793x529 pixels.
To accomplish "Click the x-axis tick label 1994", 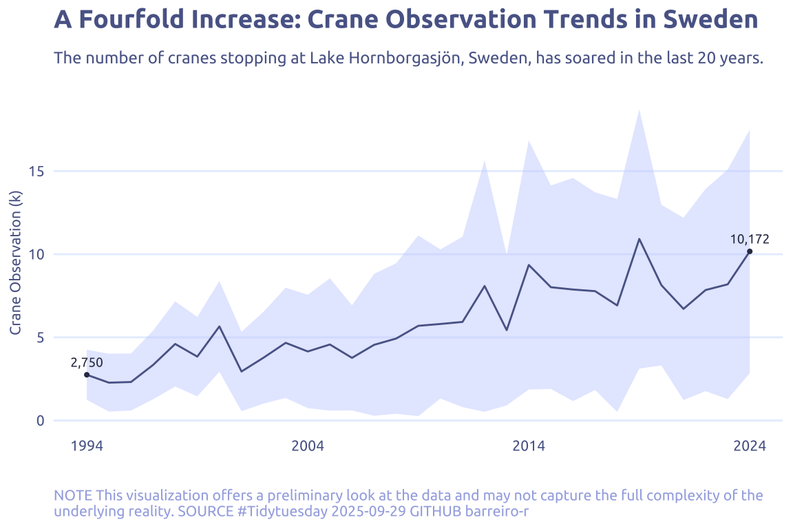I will pyautogui.click(x=87, y=446).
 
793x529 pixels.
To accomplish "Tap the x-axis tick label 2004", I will pyautogui.click(x=308, y=446).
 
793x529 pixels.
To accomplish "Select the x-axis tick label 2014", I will pyautogui.click(x=529, y=446).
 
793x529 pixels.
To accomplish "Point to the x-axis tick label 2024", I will pyautogui.click(x=750, y=446).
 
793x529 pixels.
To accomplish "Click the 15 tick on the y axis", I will pyautogui.click(x=36, y=171).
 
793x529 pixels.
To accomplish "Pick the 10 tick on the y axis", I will pyautogui.click(x=36, y=254).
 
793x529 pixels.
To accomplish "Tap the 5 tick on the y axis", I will pyautogui.click(x=40, y=338).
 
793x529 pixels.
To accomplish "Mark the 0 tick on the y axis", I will pyautogui.click(x=40, y=420).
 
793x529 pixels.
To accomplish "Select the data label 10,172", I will pyautogui.click(x=750, y=240).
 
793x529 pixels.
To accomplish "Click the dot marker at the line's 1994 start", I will pyautogui.click(x=87, y=375).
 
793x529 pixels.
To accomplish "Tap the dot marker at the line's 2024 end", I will pyautogui.click(x=750, y=251).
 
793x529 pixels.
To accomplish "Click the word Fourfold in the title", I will pyautogui.click(x=131, y=19).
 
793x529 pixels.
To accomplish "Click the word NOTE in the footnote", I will pyautogui.click(x=73, y=496).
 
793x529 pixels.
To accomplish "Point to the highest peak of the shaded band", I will pyautogui.click(x=639, y=110).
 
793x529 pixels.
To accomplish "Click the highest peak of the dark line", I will pyautogui.click(x=639, y=239).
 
